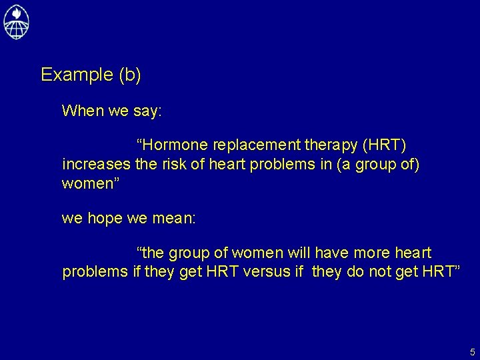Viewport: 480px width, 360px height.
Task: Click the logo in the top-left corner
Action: tap(17, 21)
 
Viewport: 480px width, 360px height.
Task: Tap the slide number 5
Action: tap(472, 351)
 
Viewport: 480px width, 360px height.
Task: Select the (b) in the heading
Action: tap(129, 75)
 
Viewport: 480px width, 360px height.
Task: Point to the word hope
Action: tap(105, 217)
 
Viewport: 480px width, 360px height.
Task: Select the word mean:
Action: tap(173, 217)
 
